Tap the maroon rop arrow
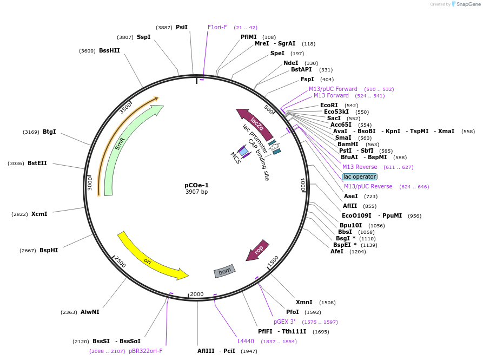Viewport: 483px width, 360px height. [x=258, y=250]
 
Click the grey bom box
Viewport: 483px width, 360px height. [x=224, y=271]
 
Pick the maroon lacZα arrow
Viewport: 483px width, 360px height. [x=256, y=123]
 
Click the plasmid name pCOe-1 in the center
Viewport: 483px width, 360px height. [x=196, y=185]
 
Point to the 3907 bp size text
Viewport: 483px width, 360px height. [x=196, y=192]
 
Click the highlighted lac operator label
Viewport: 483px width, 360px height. [x=360, y=176]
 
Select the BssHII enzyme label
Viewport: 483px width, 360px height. [x=109, y=50]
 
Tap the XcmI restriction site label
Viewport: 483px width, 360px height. [x=39, y=214]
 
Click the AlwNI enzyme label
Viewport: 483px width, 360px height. [x=90, y=312]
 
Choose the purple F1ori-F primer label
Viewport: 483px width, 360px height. [x=217, y=27]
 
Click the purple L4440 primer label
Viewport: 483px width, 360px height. [x=246, y=341]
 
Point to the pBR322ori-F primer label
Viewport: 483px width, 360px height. [x=145, y=351]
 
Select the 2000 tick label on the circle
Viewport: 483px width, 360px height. [x=197, y=294]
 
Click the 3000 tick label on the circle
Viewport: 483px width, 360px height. [x=90, y=184]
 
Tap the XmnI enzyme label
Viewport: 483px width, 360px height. [x=304, y=303]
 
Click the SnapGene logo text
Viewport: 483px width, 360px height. [x=468, y=4]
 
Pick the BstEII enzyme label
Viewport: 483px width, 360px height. [x=37, y=163]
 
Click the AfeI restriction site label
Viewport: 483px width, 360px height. [x=336, y=252]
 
